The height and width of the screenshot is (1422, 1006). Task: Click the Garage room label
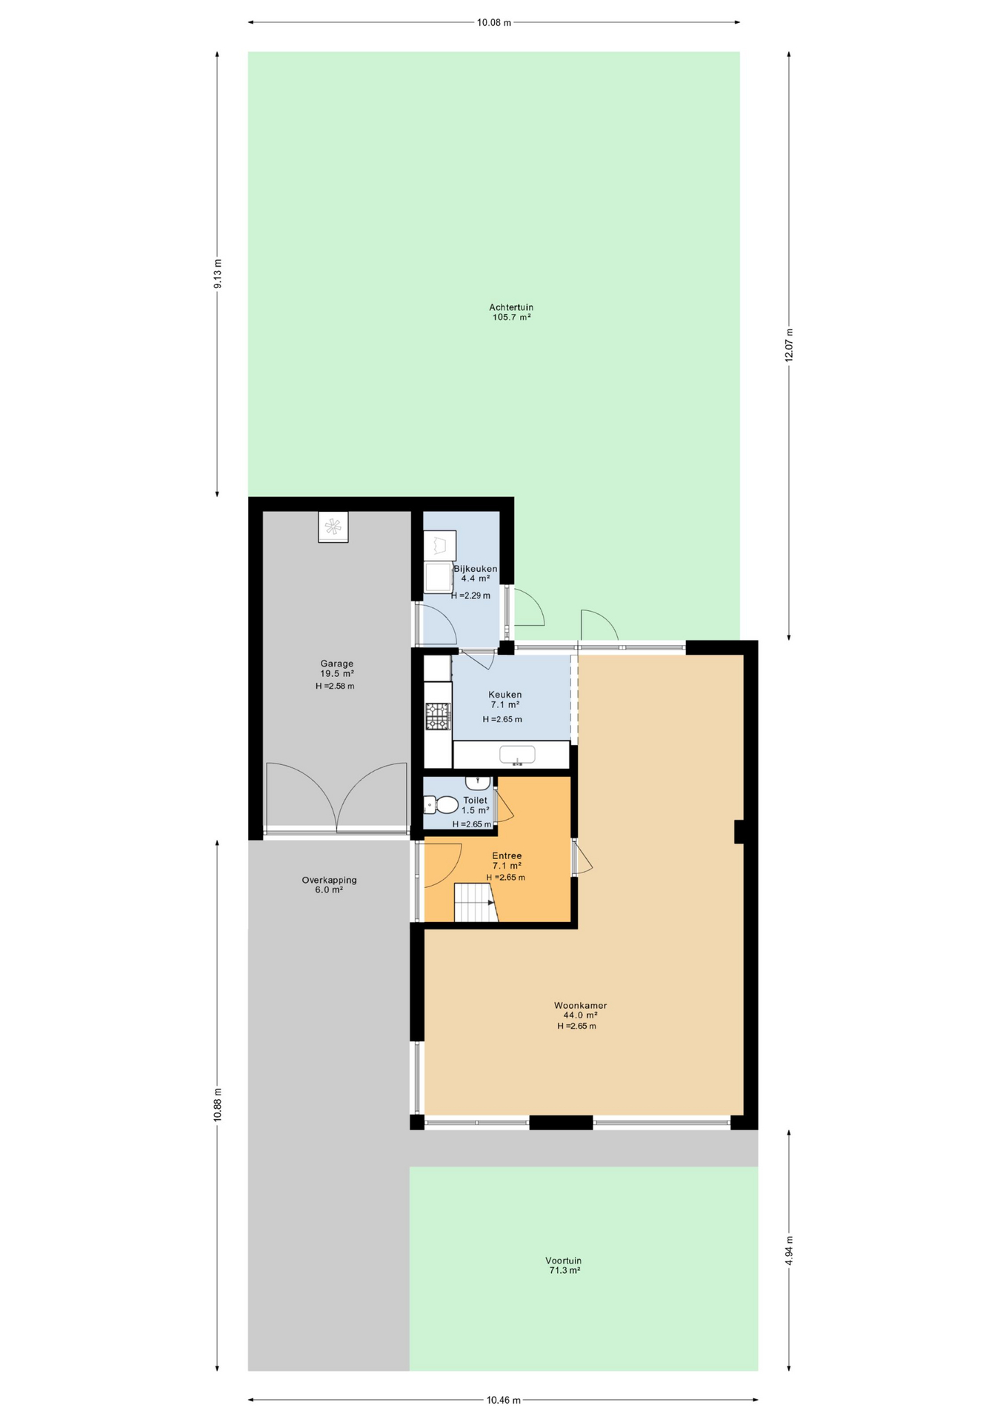[x=336, y=664]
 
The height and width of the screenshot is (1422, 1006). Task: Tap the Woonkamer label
[x=580, y=1005]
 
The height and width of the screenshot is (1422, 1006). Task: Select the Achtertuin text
[x=511, y=307]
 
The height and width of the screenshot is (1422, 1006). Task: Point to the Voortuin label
[x=563, y=1261]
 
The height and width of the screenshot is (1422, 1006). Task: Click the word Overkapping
[x=329, y=881]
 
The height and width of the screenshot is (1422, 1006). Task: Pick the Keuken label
[x=504, y=695]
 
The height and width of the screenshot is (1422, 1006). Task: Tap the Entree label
[x=507, y=855]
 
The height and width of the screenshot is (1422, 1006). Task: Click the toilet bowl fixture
[x=441, y=804]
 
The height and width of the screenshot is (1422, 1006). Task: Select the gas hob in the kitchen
[x=438, y=716]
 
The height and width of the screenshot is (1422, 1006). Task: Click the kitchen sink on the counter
[x=517, y=755]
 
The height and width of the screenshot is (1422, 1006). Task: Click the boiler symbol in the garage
[x=333, y=527]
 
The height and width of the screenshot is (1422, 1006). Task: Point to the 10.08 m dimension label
[x=494, y=22]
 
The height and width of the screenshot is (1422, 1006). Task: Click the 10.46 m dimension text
[x=504, y=1400]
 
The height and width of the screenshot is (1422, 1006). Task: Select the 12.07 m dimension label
[x=789, y=344]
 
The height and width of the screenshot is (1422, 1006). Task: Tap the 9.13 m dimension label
[x=217, y=274]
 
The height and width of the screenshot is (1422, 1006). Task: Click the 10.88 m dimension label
[x=217, y=1104]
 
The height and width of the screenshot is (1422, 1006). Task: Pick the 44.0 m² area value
[x=580, y=1015]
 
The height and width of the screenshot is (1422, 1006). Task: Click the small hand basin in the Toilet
[x=478, y=783]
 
